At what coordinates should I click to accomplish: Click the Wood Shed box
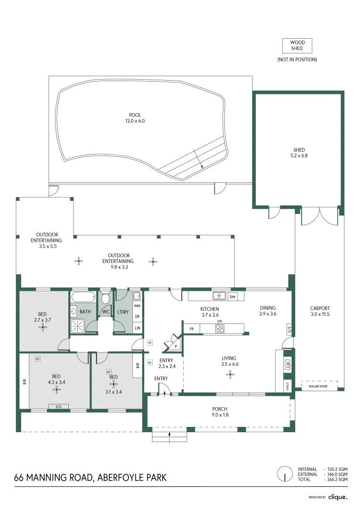tap(297, 46)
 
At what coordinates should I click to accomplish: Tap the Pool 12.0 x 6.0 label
tap(135, 118)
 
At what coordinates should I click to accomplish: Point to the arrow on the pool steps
tap(200, 164)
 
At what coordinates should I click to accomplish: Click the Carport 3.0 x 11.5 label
tap(320, 311)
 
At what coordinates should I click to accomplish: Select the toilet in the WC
tap(106, 299)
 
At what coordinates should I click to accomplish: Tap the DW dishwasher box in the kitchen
tap(232, 297)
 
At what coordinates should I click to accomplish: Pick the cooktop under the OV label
tap(220, 328)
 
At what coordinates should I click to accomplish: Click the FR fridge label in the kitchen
tap(192, 328)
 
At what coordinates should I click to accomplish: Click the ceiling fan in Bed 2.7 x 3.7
tap(42, 328)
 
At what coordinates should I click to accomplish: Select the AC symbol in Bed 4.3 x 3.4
tap(38, 359)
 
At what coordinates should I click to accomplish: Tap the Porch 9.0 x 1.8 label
tap(220, 412)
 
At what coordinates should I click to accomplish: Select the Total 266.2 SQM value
tap(338, 479)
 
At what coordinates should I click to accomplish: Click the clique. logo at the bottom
tap(338, 497)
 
